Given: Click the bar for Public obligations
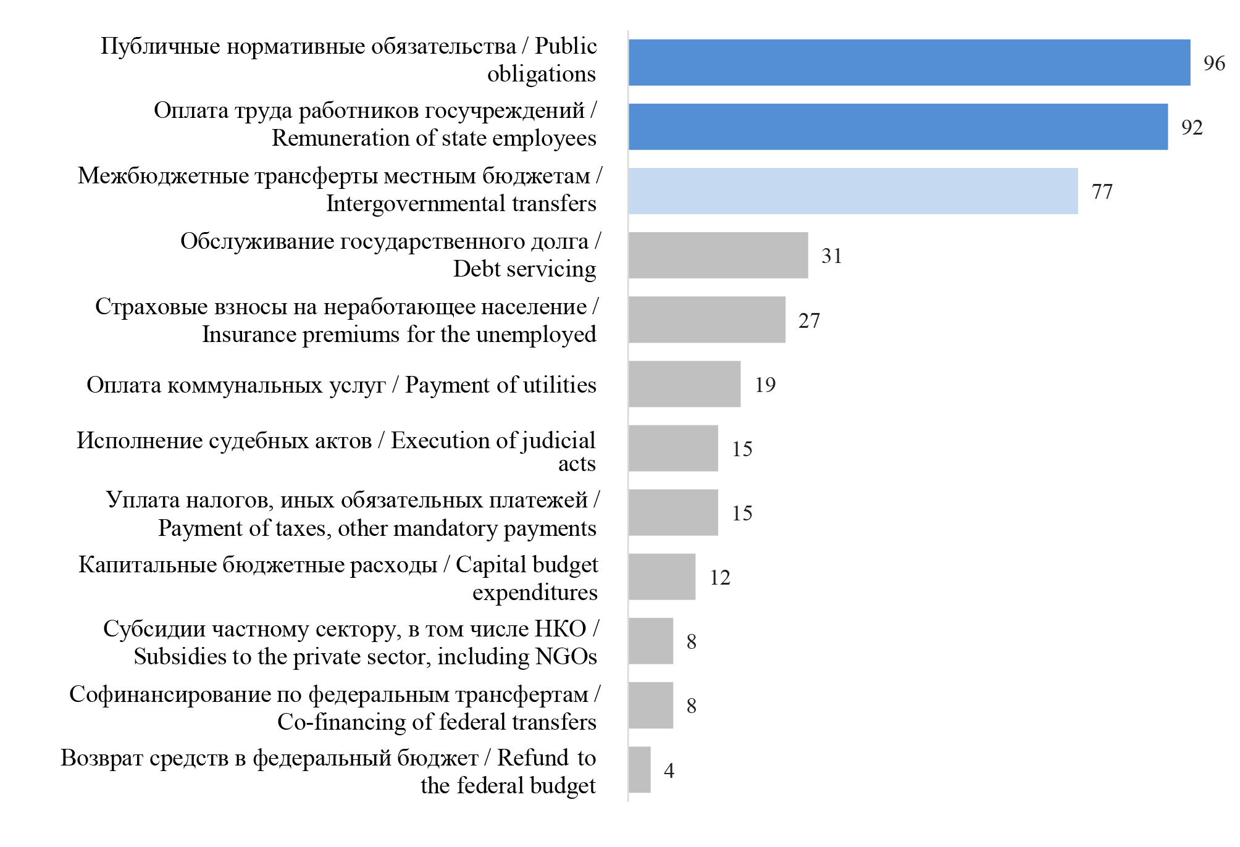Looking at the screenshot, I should pyautogui.click(x=909, y=62).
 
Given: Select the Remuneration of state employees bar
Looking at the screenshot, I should pyautogui.click(x=898, y=127).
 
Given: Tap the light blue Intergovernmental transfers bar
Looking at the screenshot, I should pyautogui.click(x=853, y=191).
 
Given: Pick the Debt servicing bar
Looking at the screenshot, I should pyautogui.click(x=718, y=255).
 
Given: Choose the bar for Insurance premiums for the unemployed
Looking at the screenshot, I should pyautogui.click(x=707, y=320).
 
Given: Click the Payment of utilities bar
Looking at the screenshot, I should pyautogui.click(x=684, y=384).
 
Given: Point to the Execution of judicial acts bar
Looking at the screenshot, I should pyautogui.click(x=673, y=448).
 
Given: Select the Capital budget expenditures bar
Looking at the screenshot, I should pyautogui.click(x=662, y=577).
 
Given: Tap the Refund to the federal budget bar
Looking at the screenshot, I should pyautogui.click(x=640, y=770).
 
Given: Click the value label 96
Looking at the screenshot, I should pyautogui.click(x=1214, y=63).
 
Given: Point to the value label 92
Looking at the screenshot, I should pyautogui.click(x=1192, y=127).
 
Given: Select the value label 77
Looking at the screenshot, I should pyautogui.click(x=1102, y=191).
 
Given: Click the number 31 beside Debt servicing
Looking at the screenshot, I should pyautogui.click(x=832, y=256).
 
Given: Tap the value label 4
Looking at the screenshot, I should pyautogui.click(x=669, y=770).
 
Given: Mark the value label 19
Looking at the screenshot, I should pyautogui.click(x=765, y=385).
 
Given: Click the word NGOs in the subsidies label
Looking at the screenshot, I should pyautogui.click(x=566, y=656).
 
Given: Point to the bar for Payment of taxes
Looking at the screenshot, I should pyautogui.click(x=673, y=512).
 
